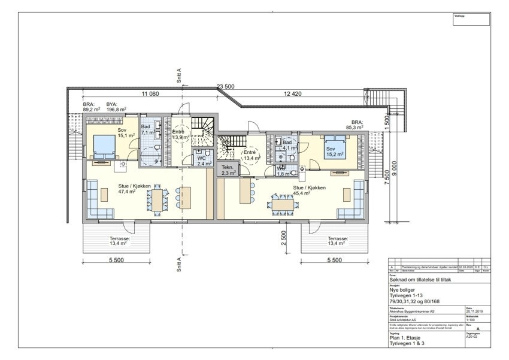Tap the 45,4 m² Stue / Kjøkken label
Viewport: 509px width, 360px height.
(309, 190)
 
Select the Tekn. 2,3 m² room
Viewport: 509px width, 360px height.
(228, 170)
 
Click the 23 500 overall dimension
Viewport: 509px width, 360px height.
(225, 86)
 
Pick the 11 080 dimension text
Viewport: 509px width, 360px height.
(150, 94)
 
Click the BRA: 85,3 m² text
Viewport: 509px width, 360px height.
(362, 124)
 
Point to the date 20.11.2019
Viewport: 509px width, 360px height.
(473, 311)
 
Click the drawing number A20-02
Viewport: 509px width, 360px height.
(472, 337)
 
